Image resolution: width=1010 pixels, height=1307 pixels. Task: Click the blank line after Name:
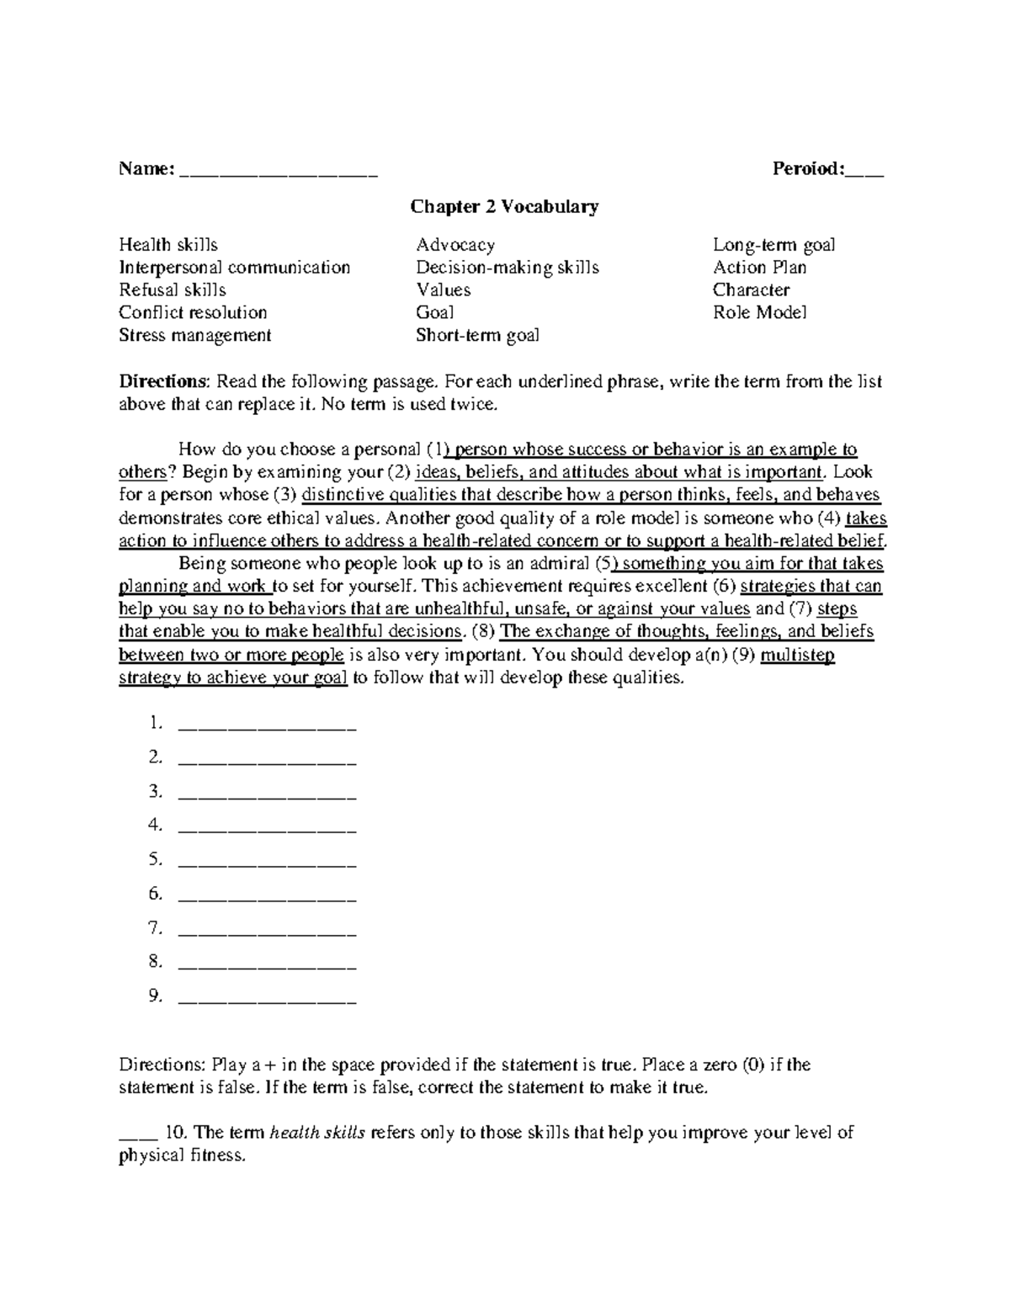(279, 172)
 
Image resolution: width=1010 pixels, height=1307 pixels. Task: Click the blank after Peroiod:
(865, 172)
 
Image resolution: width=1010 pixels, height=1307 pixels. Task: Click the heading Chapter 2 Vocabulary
(504, 206)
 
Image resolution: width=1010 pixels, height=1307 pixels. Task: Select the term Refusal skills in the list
(173, 290)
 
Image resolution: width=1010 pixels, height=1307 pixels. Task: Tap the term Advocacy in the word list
(455, 245)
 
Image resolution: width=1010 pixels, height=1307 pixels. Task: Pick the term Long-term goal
(773, 245)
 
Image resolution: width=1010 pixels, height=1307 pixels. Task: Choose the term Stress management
(194, 336)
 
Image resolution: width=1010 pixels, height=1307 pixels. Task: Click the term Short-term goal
(477, 336)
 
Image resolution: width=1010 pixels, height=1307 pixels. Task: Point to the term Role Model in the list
(759, 313)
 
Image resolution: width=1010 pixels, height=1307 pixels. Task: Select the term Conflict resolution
(193, 313)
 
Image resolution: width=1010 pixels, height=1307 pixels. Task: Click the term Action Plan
(759, 268)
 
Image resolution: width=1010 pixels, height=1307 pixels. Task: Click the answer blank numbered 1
(268, 725)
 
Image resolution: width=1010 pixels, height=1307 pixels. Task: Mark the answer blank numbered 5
(268, 862)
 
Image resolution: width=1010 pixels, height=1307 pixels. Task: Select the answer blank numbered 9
(268, 998)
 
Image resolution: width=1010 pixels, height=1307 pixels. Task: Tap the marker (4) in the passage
(828, 518)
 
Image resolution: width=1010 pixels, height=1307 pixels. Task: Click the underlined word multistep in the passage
(797, 655)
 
